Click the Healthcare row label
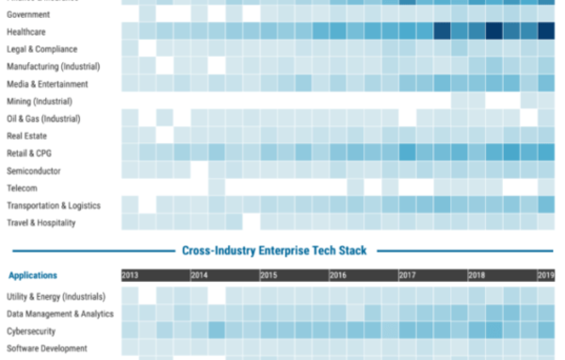click(27, 31)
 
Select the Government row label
click(29, 14)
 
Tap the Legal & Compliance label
click(41, 49)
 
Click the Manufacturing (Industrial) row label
click(53, 66)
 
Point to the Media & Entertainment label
click(48, 84)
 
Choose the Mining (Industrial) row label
click(42, 101)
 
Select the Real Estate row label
click(26, 136)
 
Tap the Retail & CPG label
click(30, 154)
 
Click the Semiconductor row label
click(33, 171)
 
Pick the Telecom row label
click(22, 188)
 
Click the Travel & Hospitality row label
click(40, 222)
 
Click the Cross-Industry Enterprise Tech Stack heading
click(272, 251)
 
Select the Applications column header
click(33, 275)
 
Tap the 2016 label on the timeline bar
click(338, 275)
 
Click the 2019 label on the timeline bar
click(545, 275)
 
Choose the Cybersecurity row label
click(31, 331)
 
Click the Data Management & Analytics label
click(59, 313)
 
